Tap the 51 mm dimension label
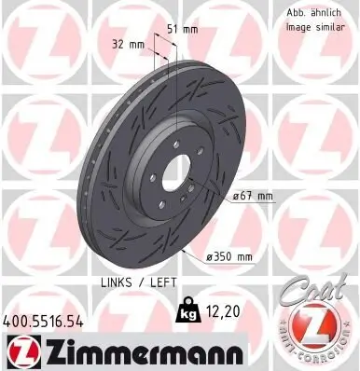click(184, 29)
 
